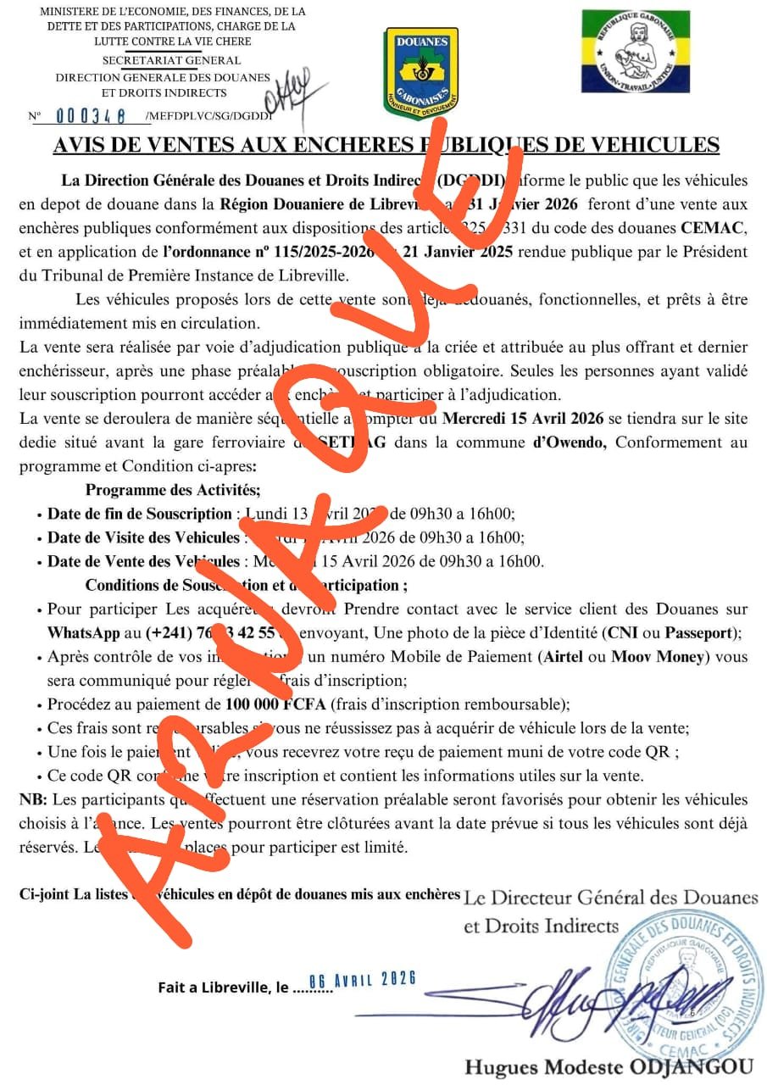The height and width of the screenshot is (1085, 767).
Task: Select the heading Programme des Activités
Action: pos(173,489)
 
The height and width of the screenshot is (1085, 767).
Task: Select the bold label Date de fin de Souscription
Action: pos(140,514)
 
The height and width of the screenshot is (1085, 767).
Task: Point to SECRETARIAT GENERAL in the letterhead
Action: pos(171,60)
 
